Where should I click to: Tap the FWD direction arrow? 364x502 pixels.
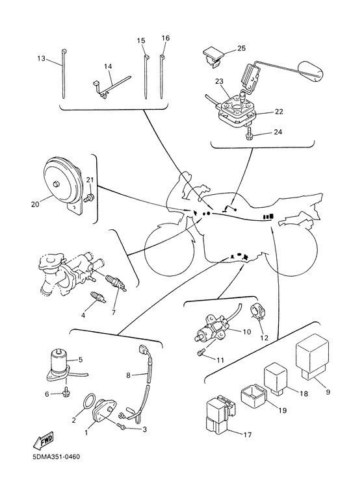tap(43, 441)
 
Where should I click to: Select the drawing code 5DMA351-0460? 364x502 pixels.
tap(56, 457)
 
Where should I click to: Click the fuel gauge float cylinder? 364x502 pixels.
tap(311, 71)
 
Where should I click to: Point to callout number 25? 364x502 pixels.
tap(241, 48)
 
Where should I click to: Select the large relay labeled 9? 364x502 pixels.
tap(313, 357)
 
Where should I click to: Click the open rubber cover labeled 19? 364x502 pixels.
tap(253, 397)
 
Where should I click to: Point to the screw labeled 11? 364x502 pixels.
tap(200, 353)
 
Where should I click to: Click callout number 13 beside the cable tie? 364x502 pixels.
tap(42, 58)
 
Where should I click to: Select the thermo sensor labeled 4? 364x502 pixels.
tap(97, 297)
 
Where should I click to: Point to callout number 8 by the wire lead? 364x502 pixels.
tap(128, 375)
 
